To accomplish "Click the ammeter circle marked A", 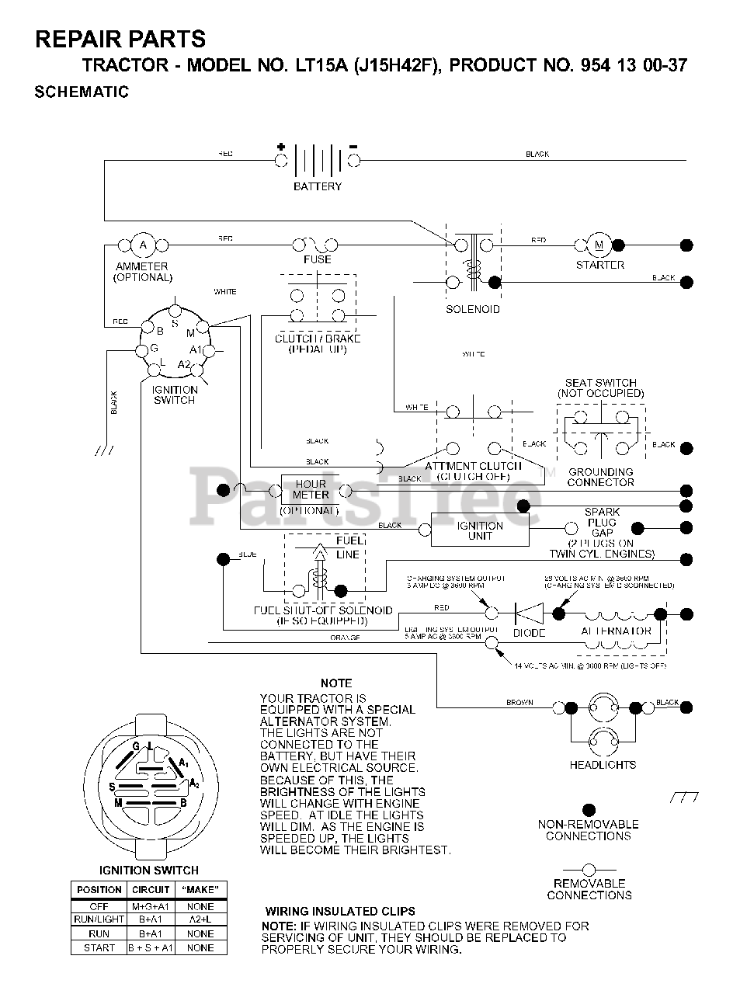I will coord(143,245).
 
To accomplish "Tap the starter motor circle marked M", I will coord(599,245).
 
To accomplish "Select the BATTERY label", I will coord(317,186).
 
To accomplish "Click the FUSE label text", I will coord(318,259).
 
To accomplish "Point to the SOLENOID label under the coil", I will coord(472,309).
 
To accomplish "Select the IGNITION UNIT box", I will coord(480,530).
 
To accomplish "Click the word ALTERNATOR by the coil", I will coord(616,631).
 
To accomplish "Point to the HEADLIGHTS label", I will coord(603,765).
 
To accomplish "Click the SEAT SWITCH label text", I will coord(600,383).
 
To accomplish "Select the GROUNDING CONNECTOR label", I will coord(600,477).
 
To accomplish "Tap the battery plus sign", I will coord(280,146).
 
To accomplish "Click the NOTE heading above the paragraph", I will coord(336,683).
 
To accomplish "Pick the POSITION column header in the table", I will coord(99,889).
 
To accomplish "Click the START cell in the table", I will coord(99,947).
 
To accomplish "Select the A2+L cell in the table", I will coord(200,919).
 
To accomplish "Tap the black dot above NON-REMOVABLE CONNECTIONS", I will coord(589,809).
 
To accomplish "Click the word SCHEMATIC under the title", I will coord(82,92).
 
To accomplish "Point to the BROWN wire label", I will coord(519,703).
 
